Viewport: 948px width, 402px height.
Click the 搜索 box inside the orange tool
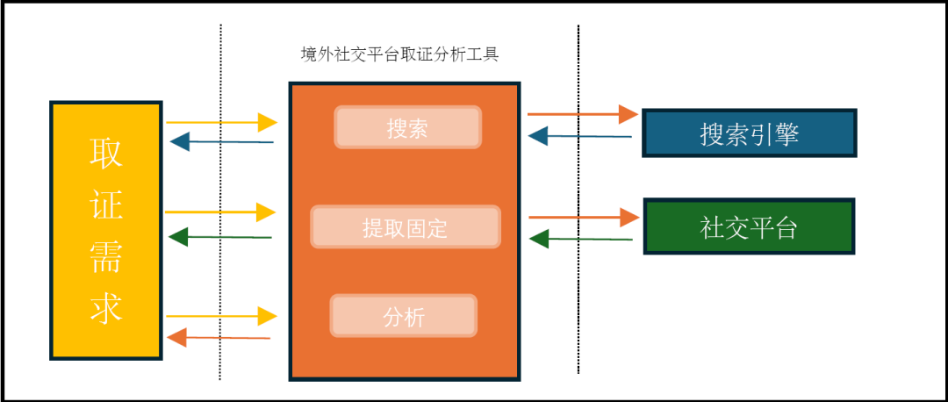coord(407,127)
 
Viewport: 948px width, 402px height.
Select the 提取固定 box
coord(405,227)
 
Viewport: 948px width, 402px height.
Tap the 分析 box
coord(404,316)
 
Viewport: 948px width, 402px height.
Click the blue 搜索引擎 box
coord(749,133)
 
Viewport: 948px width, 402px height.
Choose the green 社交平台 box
coord(749,227)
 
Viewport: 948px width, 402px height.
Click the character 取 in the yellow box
coord(106,153)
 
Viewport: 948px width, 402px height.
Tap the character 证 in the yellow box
coord(106,204)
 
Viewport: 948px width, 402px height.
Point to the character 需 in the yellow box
coord(106,255)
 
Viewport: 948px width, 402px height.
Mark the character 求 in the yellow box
coord(106,306)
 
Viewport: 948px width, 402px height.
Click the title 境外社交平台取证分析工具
coord(399,54)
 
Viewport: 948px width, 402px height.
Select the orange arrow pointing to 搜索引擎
coord(582,113)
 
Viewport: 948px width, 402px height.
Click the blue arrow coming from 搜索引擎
coord(580,136)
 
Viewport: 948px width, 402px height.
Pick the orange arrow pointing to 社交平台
coord(583,216)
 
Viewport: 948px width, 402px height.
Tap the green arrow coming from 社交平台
coord(581,238)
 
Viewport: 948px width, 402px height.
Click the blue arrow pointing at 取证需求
coord(221,141)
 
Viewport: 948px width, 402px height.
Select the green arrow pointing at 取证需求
coord(220,236)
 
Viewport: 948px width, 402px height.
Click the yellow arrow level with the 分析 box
coord(220,314)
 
